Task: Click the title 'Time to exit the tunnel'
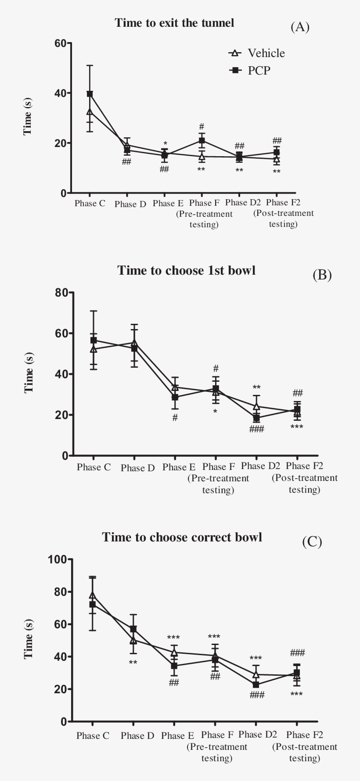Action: [x=174, y=23]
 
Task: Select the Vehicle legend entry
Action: [x=257, y=53]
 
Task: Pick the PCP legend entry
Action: [x=250, y=70]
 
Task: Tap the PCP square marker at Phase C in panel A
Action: [x=90, y=94]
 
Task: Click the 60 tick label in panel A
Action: [x=60, y=43]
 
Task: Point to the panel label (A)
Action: [x=300, y=27]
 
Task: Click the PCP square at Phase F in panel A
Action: [x=202, y=140]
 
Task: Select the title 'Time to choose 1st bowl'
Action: [x=186, y=270]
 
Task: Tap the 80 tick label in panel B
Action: [x=62, y=293]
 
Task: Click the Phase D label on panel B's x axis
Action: [x=138, y=468]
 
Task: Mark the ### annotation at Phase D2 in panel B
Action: [x=256, y=429]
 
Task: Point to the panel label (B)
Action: [x=322, y=275]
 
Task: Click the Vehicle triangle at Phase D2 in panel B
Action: [x=256, y=406]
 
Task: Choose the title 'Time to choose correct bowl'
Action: [x=182, y=537]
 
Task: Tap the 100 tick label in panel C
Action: [x=58, y=559]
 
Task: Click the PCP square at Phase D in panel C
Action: [x=133, y=629]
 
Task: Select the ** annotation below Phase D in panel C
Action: [x=133, y=662]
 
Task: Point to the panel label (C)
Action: [x=312, y=542]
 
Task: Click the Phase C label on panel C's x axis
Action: [x=93, y=736]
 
